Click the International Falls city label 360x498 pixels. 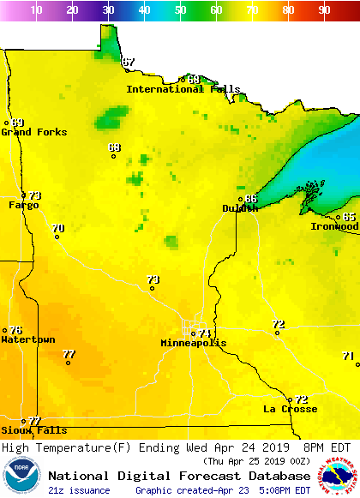[183, 89]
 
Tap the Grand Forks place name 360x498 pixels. [28, 132]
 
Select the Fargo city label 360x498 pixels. [23, 206]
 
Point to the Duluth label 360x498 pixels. [239, 208]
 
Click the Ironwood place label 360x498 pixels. [334, 226]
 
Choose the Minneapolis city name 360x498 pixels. [194, 343]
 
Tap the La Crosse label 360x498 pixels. [290, 409]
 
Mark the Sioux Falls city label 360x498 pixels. [33, 430]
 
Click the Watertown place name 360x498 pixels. [27, 339]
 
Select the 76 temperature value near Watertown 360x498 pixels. [15, 330]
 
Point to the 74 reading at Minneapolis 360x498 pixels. [205, 333]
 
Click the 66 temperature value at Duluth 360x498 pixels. [251, 198]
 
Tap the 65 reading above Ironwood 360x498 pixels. [349, 217]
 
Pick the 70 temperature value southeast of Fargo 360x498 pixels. [57, 228]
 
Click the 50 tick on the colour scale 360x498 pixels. [180, 10]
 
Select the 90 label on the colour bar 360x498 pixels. [324, 10]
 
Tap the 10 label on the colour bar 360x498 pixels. [36, 10]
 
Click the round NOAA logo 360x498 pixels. [21, 476]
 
